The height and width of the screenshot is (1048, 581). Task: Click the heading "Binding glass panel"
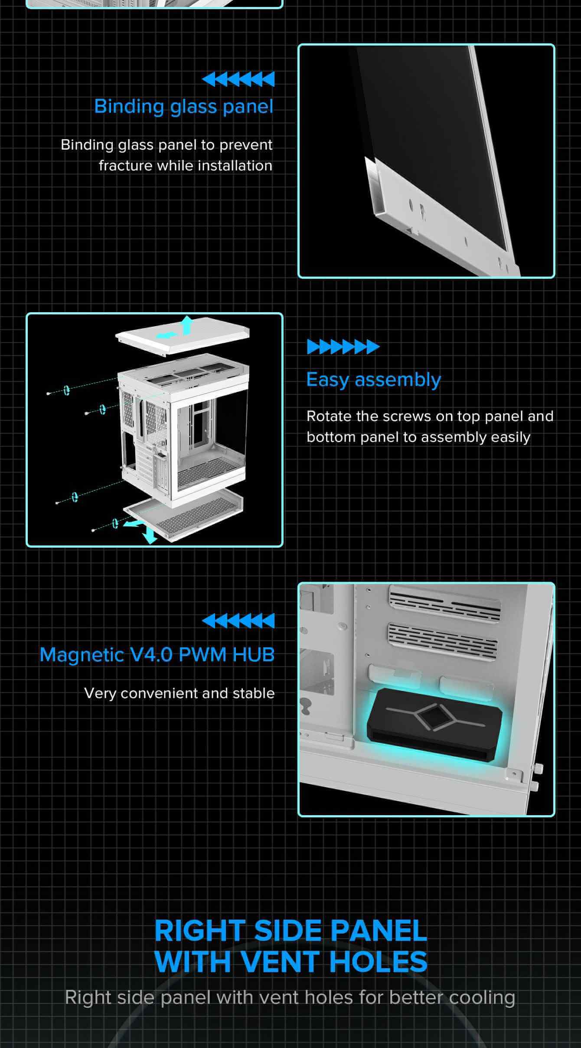pyautogui.click(x=184, y=107)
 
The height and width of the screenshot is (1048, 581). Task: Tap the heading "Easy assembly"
pyautogui.click(x=374, y=380)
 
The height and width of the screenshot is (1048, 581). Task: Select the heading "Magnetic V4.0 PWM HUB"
pyautogui.click(x=157, y=655)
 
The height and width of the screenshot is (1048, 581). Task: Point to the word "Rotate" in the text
pyautogui.click(x=329, y=416)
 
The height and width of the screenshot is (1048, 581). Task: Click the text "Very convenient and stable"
pyautogui.click(x=180, y=693)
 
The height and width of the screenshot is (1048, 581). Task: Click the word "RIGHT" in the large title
pyautogui.click(x=200, y=930)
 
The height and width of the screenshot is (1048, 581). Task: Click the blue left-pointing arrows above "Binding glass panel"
pyautogui.click(x=238, y=79)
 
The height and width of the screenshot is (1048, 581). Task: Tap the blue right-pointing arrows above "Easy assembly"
pyautogui.click(x=343, y=347)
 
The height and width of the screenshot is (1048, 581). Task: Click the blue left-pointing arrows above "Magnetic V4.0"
pyautogui.click(x=238, y=620)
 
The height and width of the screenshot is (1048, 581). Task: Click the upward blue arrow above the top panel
pyautogui.click(x=187, y=325)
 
